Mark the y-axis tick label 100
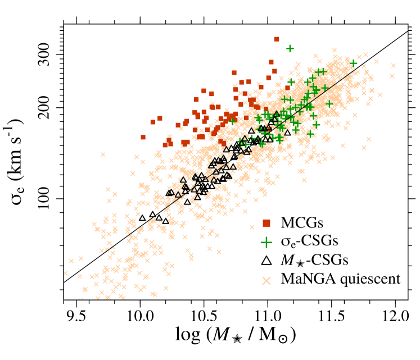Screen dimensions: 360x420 48,199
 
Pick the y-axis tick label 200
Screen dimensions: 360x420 48,108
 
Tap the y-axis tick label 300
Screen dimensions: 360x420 48,54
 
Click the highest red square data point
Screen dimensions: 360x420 277,39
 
